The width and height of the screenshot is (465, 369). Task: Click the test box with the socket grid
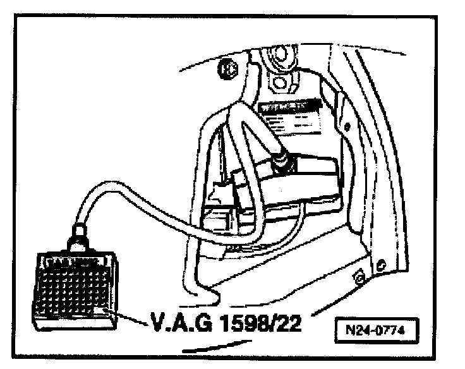74,285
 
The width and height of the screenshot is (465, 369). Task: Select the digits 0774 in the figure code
392,329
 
